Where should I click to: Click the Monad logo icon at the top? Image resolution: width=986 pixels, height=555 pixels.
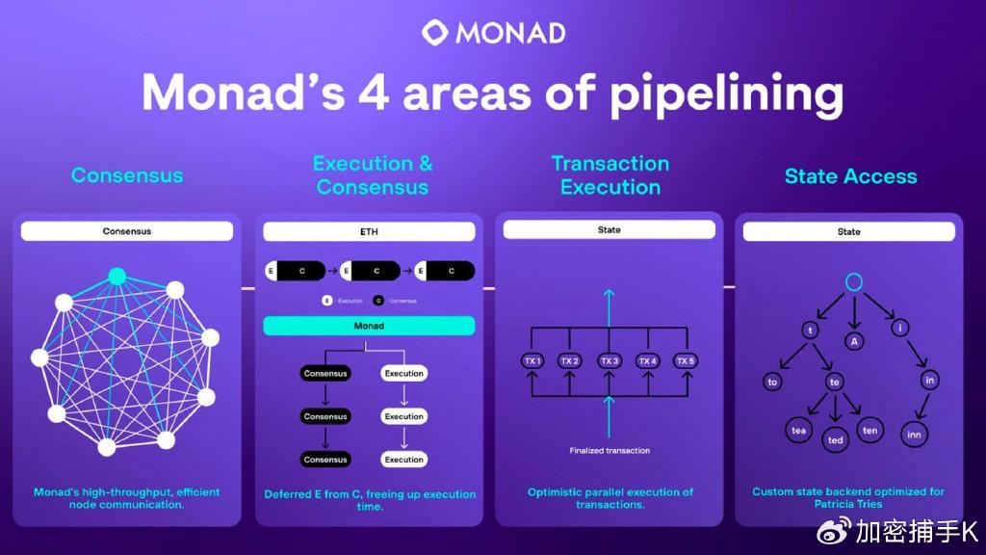[435, 32]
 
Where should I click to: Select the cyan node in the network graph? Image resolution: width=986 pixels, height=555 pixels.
[117, 277]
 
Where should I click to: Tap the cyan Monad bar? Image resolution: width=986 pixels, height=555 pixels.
[369, 326]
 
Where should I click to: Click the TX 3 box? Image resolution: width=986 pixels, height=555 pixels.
[609, 360]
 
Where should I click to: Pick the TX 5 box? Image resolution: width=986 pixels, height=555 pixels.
[685, 360]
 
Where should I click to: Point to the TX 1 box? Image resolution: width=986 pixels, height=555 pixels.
[532, 360]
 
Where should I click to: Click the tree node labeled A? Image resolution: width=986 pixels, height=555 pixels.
[852, 340]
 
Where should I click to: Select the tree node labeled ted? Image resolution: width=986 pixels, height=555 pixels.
[835, 440]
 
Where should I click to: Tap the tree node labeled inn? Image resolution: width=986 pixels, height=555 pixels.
[915, 435]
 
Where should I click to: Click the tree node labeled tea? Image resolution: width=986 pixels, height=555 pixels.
[798, 431]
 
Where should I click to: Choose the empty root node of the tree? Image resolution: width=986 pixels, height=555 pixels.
[852, 282]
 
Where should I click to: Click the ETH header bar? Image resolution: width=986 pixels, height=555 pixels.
[369, 232]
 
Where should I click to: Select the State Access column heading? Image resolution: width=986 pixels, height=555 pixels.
[850, 176]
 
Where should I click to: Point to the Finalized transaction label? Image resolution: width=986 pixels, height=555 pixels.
[609, 450]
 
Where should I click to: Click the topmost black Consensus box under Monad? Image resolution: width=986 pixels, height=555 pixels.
[325, 373]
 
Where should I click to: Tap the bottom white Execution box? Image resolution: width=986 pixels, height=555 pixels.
[404, 460]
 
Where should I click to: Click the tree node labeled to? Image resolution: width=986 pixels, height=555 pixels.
[772, 383]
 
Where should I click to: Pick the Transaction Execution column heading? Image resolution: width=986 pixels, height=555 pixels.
[610, 175]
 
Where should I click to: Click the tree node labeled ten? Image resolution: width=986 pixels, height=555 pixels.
[869, 430]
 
